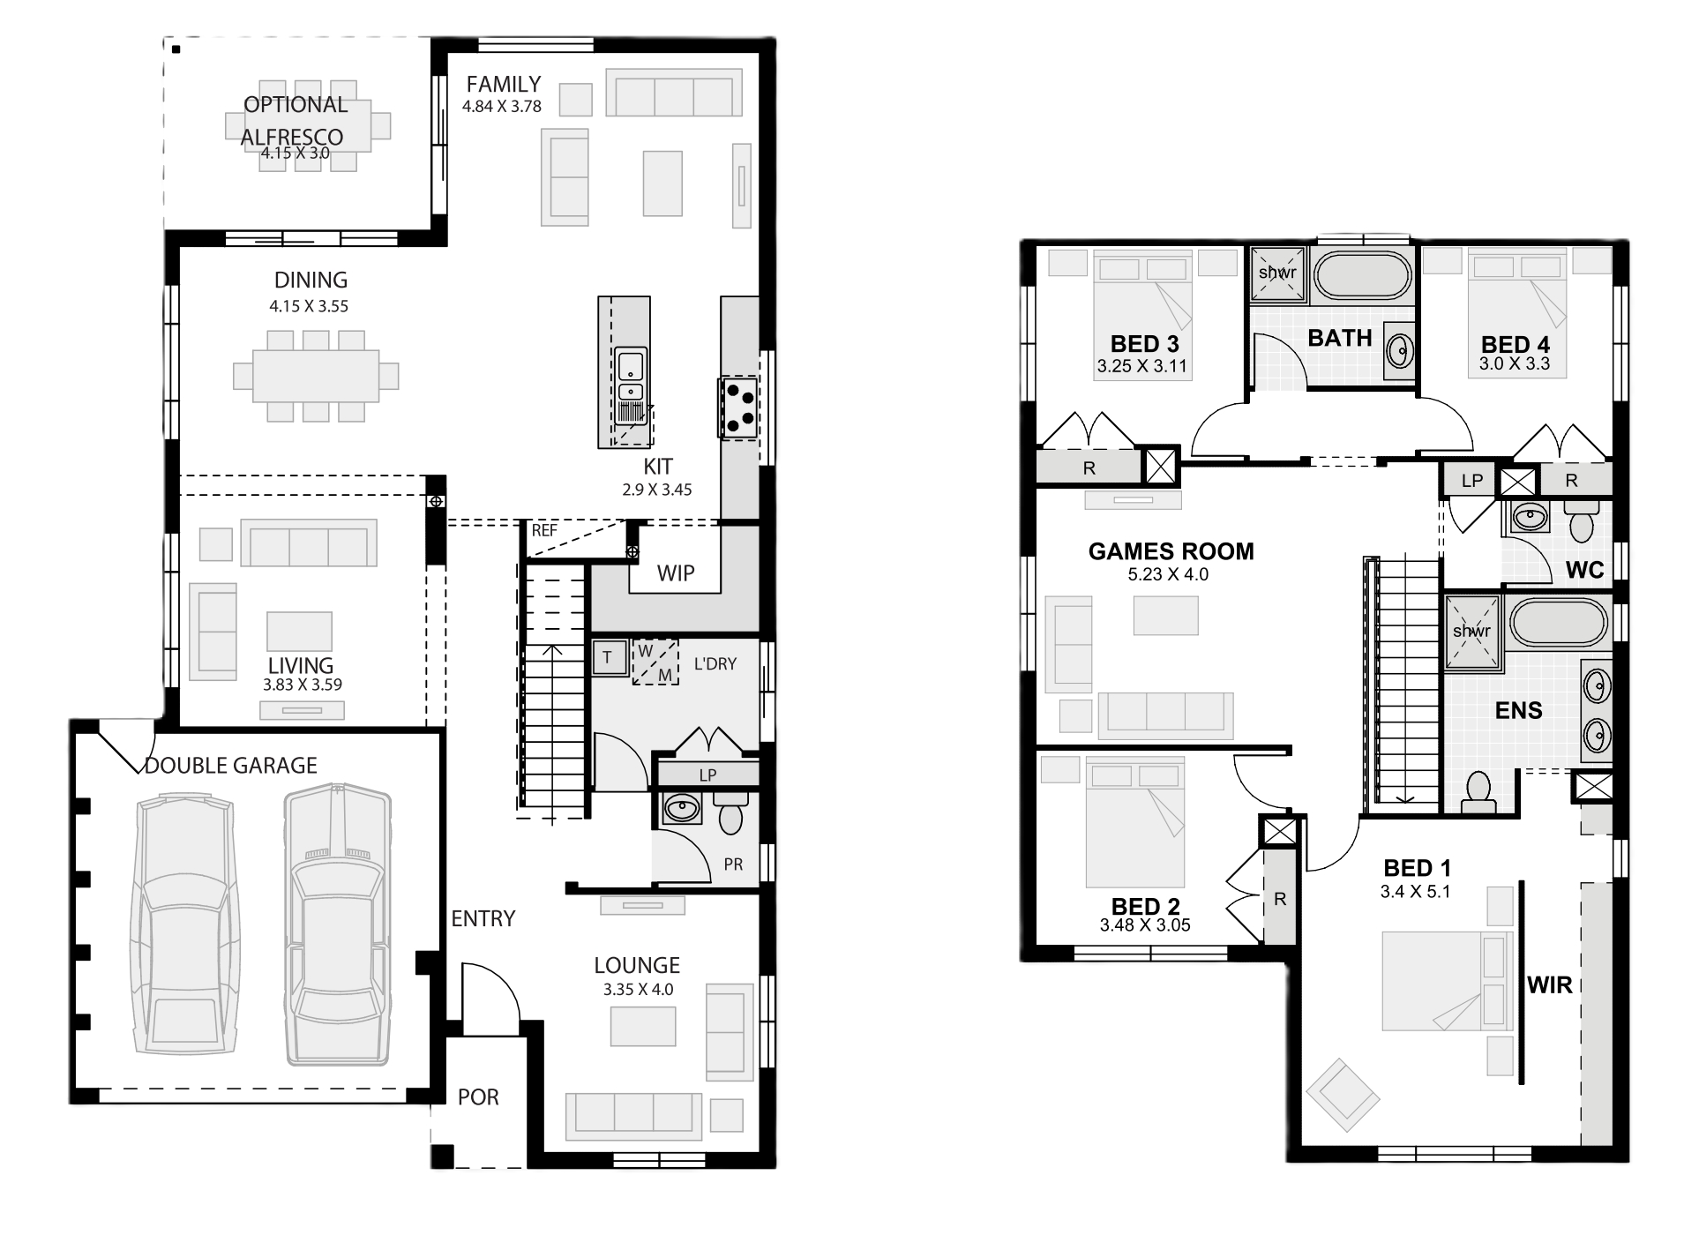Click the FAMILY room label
tap(503, 85)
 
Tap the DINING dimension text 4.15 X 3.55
tap(309, 306)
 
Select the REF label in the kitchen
tap(544, 530)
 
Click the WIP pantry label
tap(676, 573)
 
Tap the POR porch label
tap(478, 1097)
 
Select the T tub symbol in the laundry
tap(607, 657)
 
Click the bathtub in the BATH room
tap(1362, 275)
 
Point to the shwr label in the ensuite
tap(1471, 631)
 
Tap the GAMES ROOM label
tap(1171, 551)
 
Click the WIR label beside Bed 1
tap(1550, 984)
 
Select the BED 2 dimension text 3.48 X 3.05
tap(1145, 925)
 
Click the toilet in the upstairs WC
tap(1582, 522)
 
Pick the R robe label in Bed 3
tap(1089, 468)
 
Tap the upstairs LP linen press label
tap(1472, 481)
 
